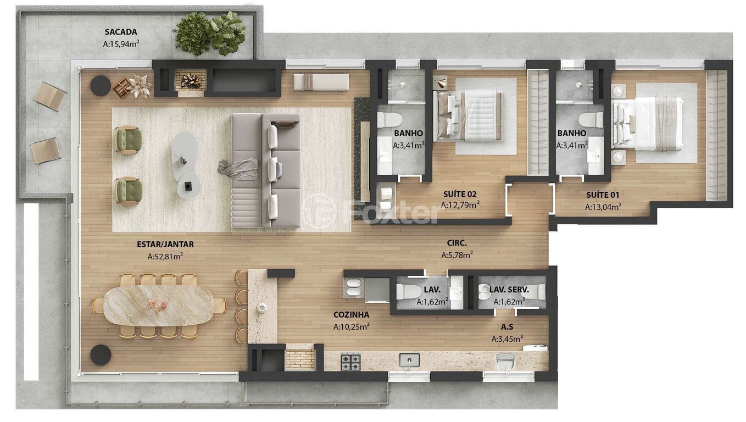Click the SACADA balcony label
pos(121,32)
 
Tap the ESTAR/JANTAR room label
pos(165,244)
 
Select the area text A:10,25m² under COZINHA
pos(352,326)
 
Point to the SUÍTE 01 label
pos(603,195)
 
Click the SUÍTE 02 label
pos(460,194)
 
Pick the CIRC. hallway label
pos(457,243)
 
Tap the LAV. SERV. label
pos(509,290)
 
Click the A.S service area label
pos(507,327)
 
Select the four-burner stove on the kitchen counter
pos(350,362)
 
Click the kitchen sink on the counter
pos(409,360)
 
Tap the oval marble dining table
pos(159,306)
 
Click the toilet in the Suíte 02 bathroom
pos(389,120)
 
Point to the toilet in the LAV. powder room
pos(409,292)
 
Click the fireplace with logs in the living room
pos(191,81)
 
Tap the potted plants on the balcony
pos(209,33)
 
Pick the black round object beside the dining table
pos(101,355)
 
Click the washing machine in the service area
pos(505,362)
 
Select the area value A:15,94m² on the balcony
pos(121,44)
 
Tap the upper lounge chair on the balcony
pos(51,96)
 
